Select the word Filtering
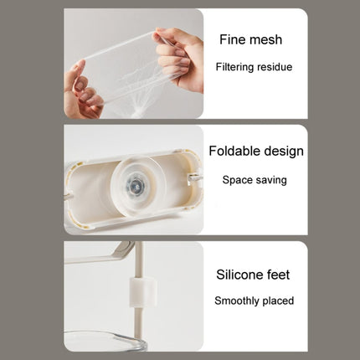point(234,67)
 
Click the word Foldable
point(234,151)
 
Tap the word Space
point(237,180)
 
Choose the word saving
point(270,180)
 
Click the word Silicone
point(239,275)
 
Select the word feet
point(279,275)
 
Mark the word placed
point(278,301)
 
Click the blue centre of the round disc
point(136,184)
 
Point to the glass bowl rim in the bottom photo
point(106,337)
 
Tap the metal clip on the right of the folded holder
point(194,177)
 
